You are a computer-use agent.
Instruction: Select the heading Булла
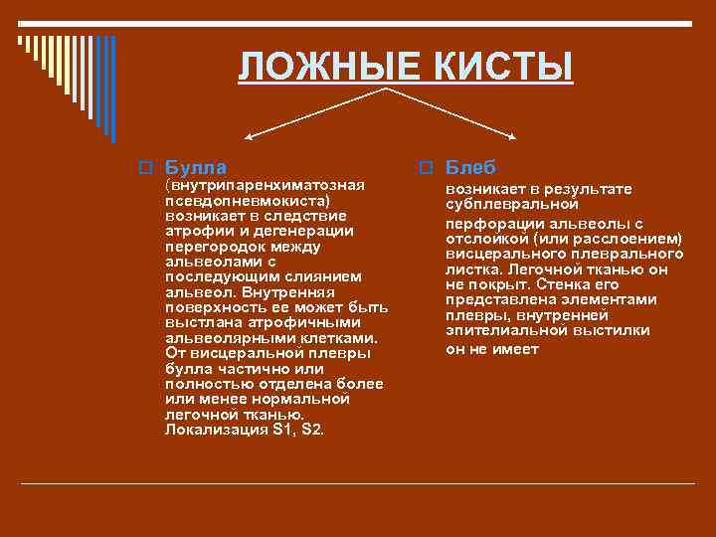(x=195, y=167)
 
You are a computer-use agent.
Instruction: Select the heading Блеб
(x=470, y=167)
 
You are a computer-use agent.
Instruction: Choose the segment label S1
(x=284, y=430)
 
